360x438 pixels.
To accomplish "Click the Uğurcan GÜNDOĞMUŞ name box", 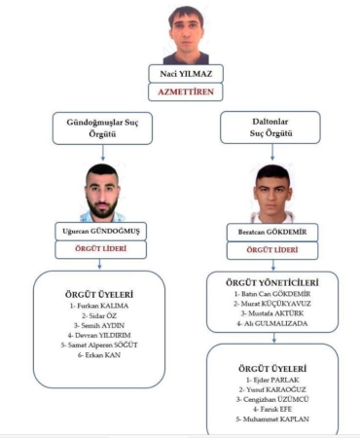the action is (99, 231).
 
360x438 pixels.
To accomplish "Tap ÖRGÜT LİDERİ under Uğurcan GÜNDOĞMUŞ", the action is (99, 249).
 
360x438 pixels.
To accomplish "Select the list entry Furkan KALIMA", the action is (99, 306).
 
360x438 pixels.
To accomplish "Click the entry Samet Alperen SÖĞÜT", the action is (99, 345).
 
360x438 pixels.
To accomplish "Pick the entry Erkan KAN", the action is (99, 354).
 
